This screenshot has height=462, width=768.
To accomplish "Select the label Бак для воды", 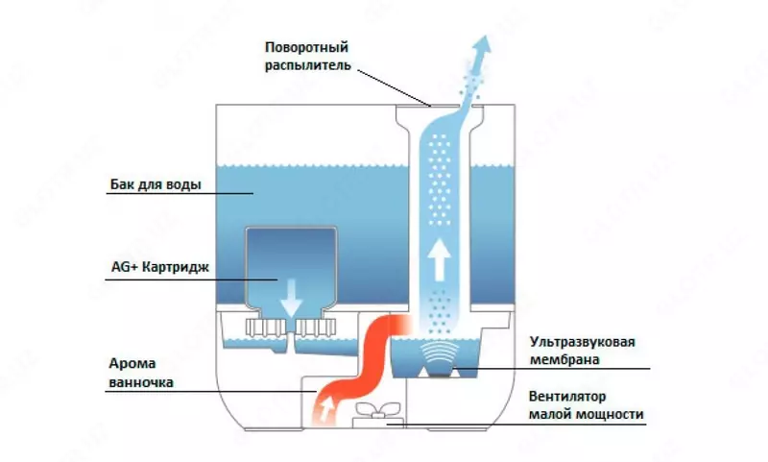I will coord(155,185).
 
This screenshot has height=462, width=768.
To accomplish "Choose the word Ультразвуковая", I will coord(583,342).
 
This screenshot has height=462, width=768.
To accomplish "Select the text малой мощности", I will coord(586,416).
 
